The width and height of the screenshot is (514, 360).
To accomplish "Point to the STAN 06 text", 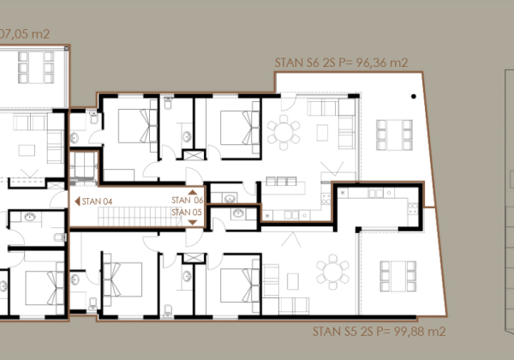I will [x=187, y=201].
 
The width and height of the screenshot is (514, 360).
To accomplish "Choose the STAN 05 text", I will [x=187, y=212].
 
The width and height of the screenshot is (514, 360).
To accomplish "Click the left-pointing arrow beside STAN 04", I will [x=79, y=201].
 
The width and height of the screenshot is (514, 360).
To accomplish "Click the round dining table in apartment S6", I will [x=284, y=132].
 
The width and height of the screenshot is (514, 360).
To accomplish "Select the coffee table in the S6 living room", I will [x=325, y=132].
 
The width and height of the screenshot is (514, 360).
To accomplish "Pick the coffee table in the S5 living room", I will [x=293, y=279].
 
